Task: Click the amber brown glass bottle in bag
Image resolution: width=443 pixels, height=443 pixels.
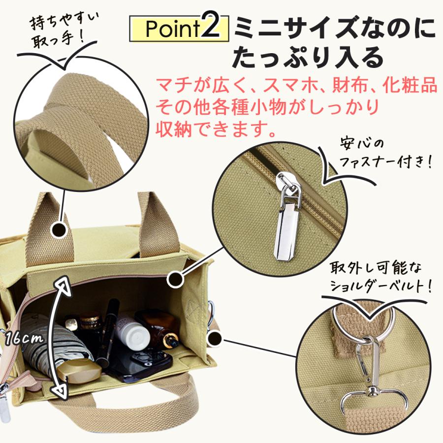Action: tap(162, 332)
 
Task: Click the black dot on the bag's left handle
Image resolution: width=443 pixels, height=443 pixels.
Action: tap(60, 229)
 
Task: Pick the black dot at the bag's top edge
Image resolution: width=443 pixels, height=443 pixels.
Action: tap(176, 279)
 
